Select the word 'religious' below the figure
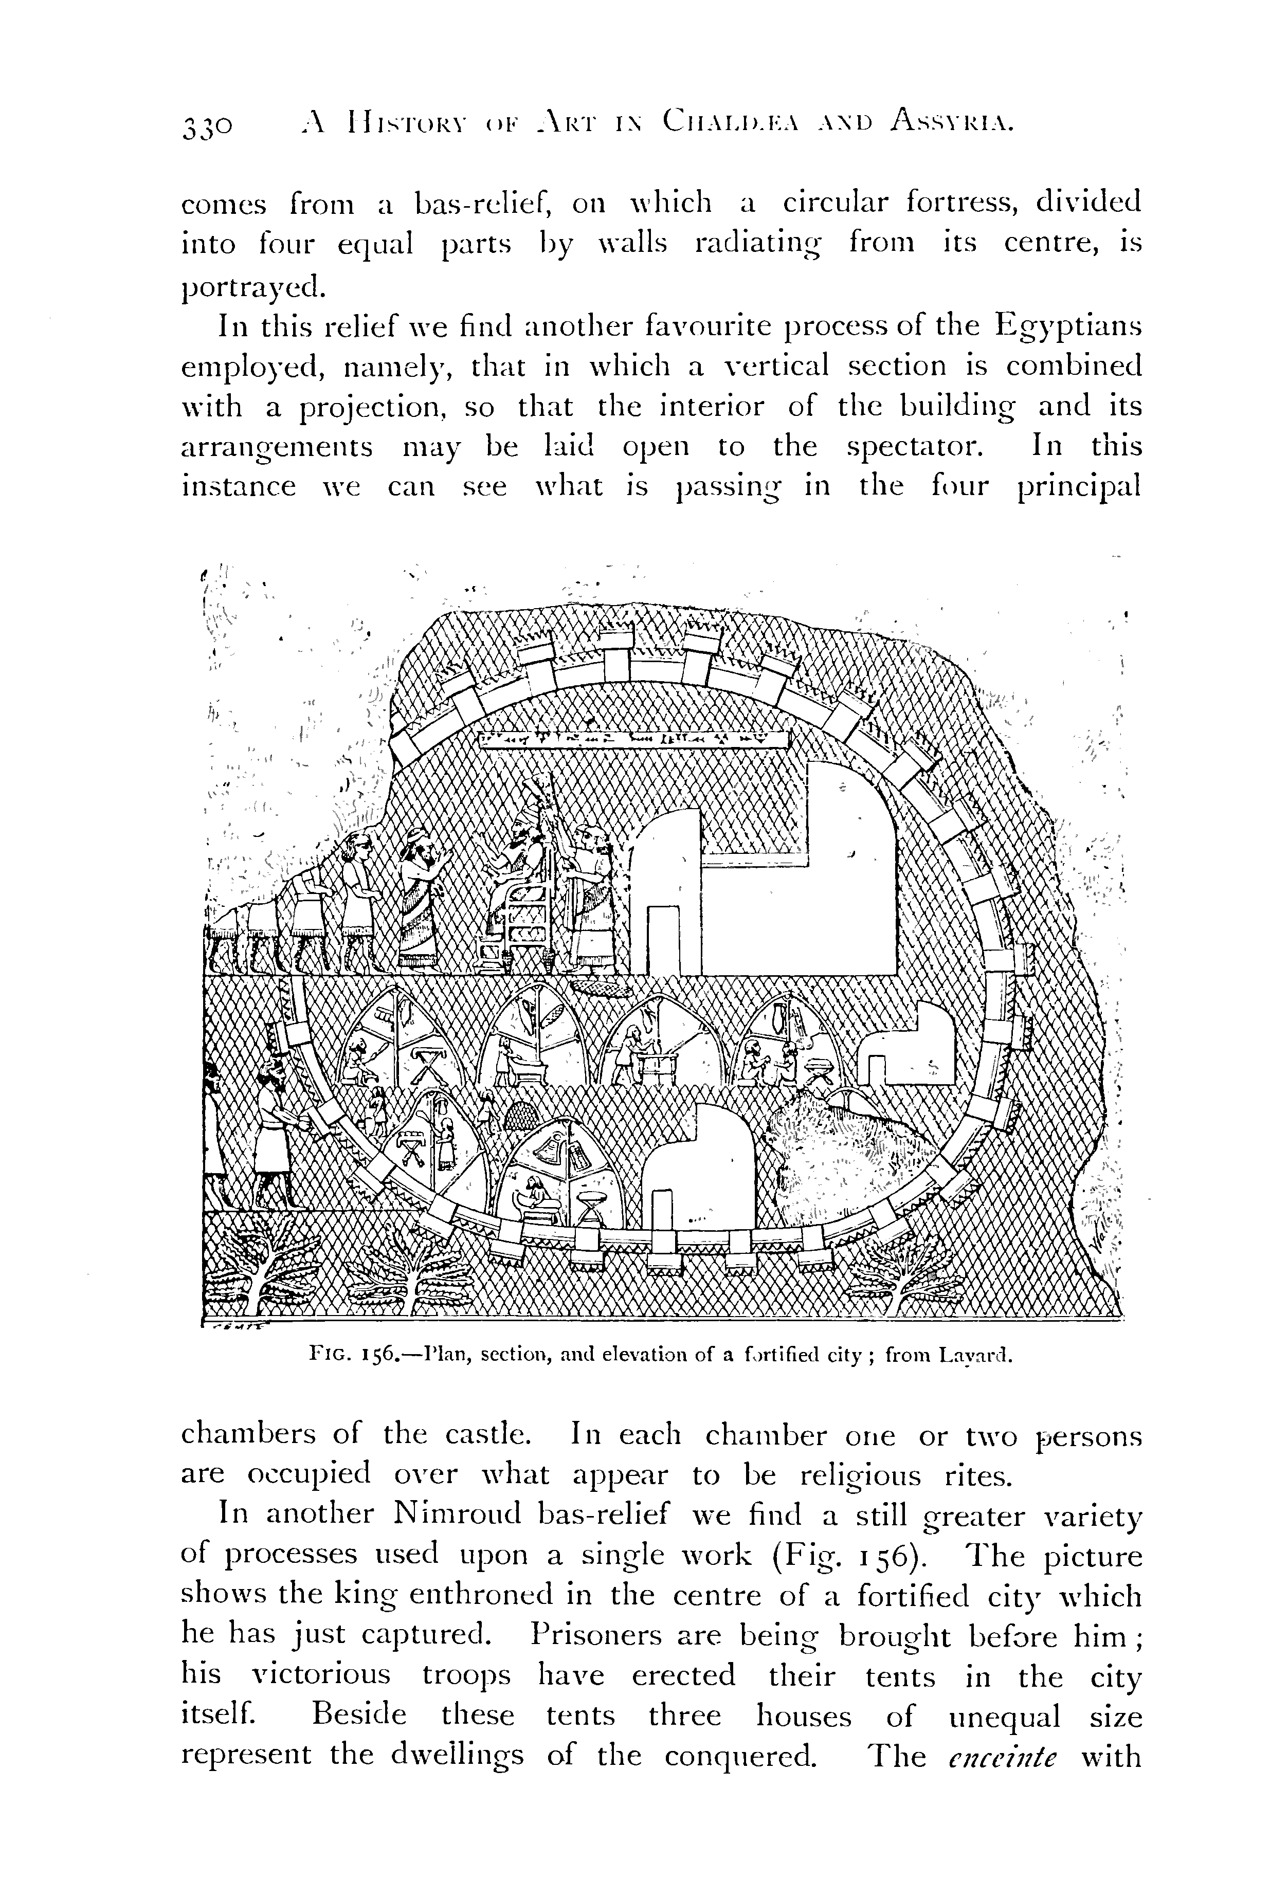tap(860, 1476)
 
